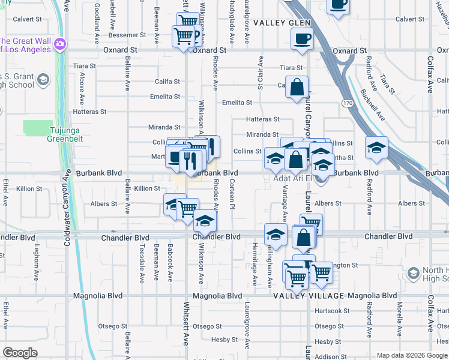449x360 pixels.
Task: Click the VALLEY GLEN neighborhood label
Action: [x=282, y=23]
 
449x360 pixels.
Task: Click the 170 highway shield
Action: [x=348, y=103]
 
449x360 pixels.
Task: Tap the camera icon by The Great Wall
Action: [x=59, y=43]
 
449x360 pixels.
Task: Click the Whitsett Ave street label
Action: [x=185, y=325]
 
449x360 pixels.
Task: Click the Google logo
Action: [x=20, y=353]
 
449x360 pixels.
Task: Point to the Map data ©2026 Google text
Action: [x=412, y=355]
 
